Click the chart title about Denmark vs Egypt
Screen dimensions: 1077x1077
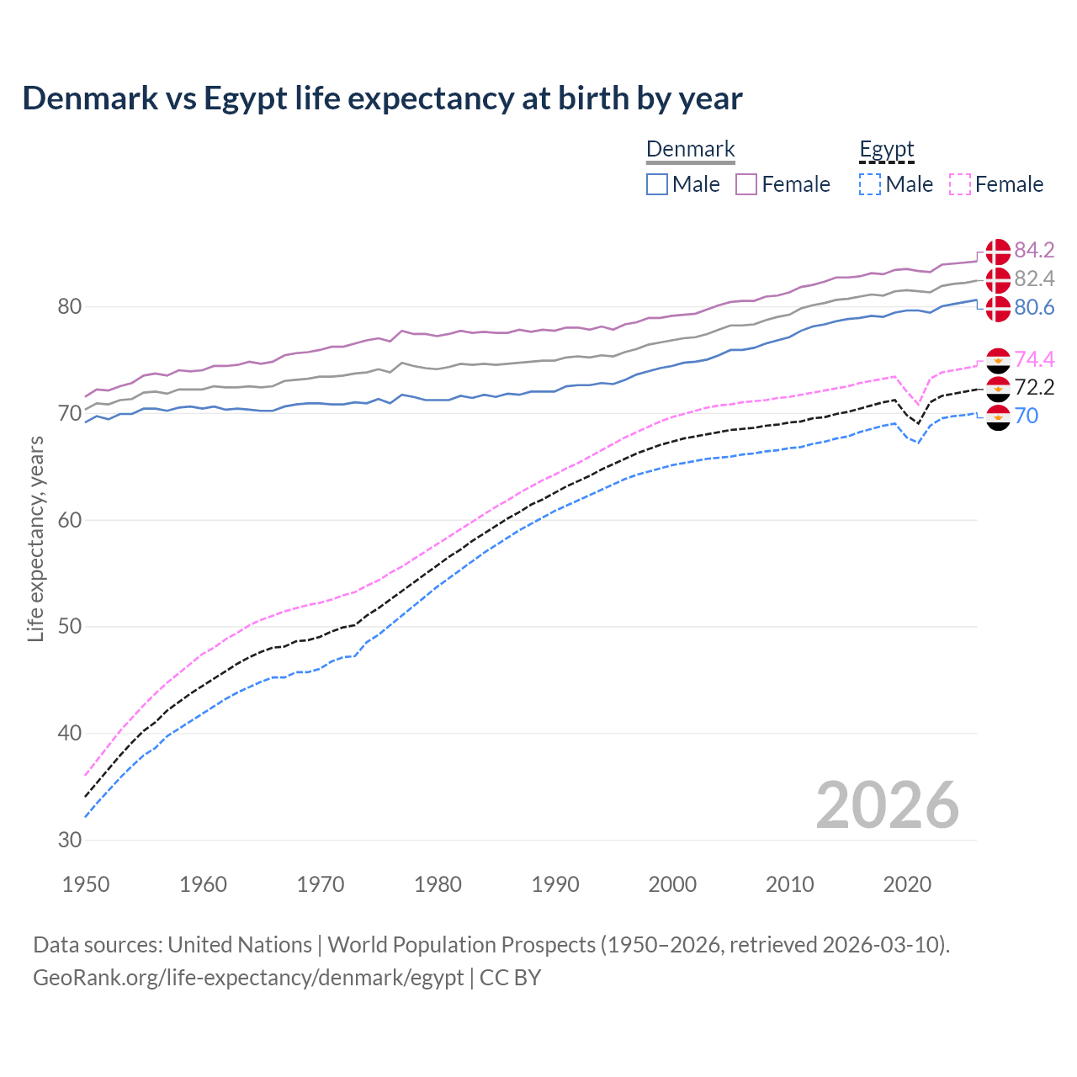[382, 98]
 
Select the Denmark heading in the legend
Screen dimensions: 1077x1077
[690, 150]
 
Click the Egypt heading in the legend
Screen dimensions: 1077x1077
[886, 150]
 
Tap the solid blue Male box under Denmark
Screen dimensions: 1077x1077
[657, 184]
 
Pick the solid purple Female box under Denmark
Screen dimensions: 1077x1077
[746, 184]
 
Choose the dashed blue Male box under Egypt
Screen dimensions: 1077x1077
[870, 184]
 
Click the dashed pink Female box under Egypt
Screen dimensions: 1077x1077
[959, 184]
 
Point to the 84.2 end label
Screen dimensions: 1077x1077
[1034, 251]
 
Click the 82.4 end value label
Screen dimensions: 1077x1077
[1034, 279]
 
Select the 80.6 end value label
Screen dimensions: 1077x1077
[1034, 308]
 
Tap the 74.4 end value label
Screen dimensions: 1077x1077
[1034, 360]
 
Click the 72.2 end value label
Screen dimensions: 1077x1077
[1034, 388]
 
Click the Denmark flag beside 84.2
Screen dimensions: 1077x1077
[998, 251]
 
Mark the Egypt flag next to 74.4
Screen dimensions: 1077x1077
[998, 360]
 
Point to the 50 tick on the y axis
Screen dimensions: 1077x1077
[70, 627]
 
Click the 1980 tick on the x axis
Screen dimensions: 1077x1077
[438, 884]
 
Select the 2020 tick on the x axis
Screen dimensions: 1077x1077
[906, 884]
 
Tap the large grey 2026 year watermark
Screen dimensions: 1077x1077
[887, 805]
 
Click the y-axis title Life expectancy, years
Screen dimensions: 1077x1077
[35, 538]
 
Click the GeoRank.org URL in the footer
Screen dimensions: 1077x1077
[248, 978]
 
